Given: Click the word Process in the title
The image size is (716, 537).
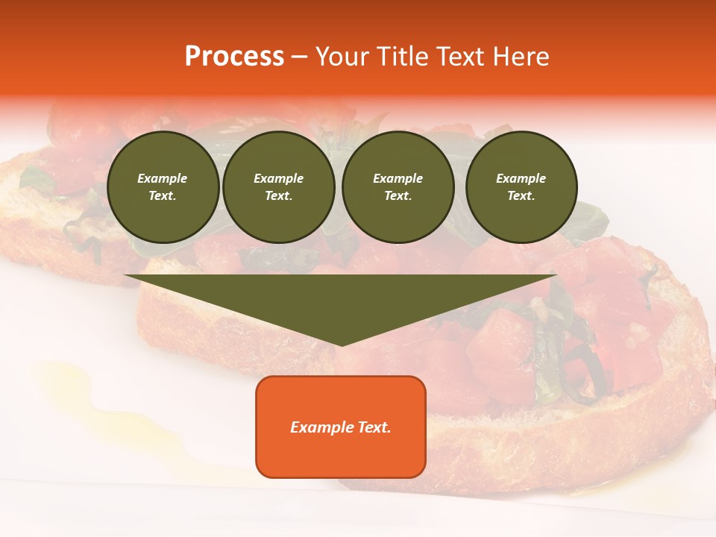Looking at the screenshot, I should pyautogui.click(x=234, y=57).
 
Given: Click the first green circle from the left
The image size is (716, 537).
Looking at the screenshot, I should pyautogui.click(x=163, y=187).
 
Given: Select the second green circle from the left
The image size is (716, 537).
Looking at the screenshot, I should pyautogui.click(x=278, y=187).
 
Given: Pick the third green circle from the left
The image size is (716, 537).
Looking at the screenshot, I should pyautogui.click(x=398, y=187).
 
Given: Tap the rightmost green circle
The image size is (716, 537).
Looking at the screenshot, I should pyautogui.click(x=521, y=187).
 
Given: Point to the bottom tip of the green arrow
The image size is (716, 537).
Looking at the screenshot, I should pyautogui.click(x=342, y=345).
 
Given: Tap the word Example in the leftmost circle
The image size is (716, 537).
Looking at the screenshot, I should pyautogui.click(x=163, y=178).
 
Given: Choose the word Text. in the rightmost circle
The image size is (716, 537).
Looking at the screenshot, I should pyautogui.click(x=521, y=196).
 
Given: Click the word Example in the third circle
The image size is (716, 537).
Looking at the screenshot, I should pyautogui.click(x=398, y=178).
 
